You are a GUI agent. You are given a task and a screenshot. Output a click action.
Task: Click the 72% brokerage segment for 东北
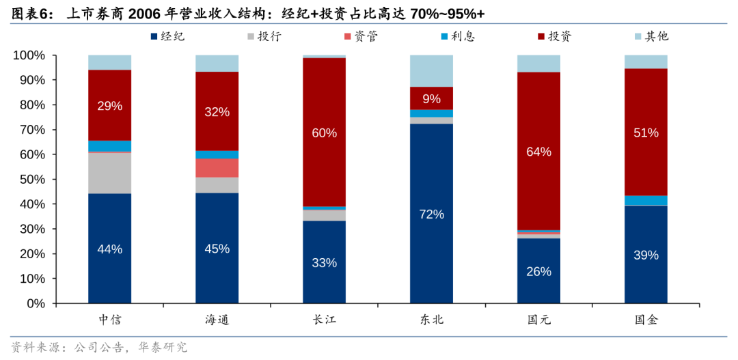pos(431,213)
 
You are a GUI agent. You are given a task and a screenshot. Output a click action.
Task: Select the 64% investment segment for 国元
pos(538,151)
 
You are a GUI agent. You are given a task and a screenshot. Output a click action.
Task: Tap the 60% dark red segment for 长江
pos(324,132)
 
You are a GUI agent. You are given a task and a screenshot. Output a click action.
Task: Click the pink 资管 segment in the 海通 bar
pos(217,168)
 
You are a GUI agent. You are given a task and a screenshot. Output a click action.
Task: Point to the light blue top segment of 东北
pos(431,71)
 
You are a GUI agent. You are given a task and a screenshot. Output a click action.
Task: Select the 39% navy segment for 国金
pos(646,254)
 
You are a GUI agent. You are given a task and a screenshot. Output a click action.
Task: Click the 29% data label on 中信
pos(109,106)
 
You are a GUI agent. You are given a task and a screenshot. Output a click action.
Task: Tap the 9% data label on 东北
pos(431,99)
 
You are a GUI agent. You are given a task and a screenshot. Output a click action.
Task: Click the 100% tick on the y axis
pos(29,55)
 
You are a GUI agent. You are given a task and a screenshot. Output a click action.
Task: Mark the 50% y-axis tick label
pos(31,180)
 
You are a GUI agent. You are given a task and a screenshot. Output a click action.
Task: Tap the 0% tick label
pos(36,303)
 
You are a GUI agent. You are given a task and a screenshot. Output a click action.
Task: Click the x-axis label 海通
pos(217,320)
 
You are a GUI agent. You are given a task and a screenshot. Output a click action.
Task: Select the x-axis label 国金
pos(646,320)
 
